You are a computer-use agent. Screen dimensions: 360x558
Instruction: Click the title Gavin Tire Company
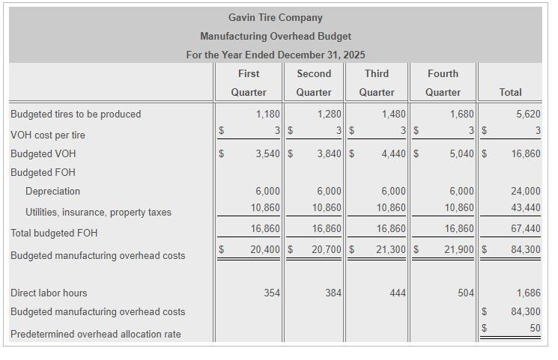click(x=275, y=17)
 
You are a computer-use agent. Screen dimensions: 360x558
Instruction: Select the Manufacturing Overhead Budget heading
click(x=275, y=36)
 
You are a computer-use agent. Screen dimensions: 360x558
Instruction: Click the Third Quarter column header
click(x=377, y=82)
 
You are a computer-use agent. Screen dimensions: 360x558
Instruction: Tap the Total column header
click(x=510, y=92)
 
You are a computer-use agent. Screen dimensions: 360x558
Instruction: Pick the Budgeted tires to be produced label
click(x=76, y=114)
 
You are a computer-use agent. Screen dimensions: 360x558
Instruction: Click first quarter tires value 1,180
click(x=267, y=114)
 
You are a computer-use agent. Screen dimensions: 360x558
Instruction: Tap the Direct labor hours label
click(x=49, y=293)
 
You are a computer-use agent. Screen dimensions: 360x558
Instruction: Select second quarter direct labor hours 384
click(x=333, y=293)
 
